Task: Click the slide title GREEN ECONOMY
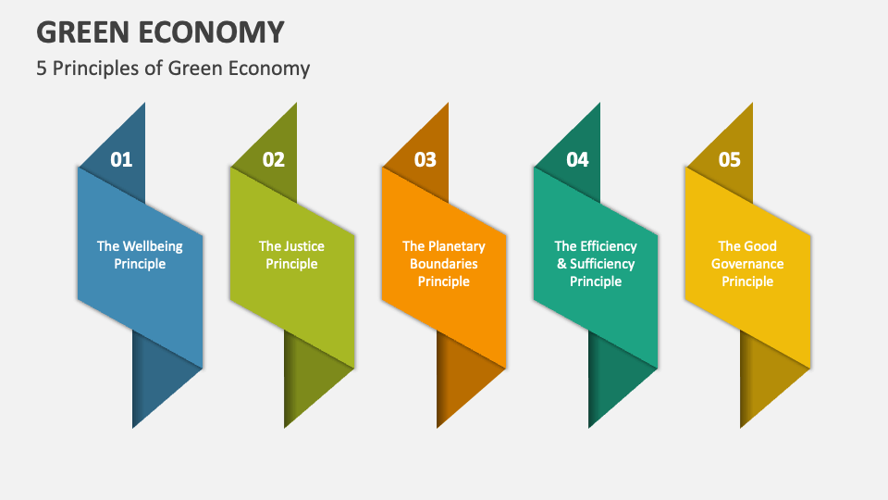click(x=160, y=31)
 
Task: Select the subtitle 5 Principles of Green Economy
click(x=173, y=68)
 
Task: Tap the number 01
click(x=121, y=160)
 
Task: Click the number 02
click(x=274, y=160)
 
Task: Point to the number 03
click(x=425, y=160)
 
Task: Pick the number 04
click(x=577, y=160)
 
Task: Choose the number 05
click(x=730, y=160)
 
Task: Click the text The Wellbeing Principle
click(x=140, y=255)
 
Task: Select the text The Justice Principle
click(x=292, y=255)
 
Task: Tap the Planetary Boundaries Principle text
click(x=444, y=264)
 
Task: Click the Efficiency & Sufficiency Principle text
click(x=596, y=264)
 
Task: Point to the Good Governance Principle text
click(x=747, y=264)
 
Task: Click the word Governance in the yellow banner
click(x=747, y=264)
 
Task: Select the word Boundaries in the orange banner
click(x=444, y=264)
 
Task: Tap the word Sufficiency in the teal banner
click(x=602, y=264)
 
